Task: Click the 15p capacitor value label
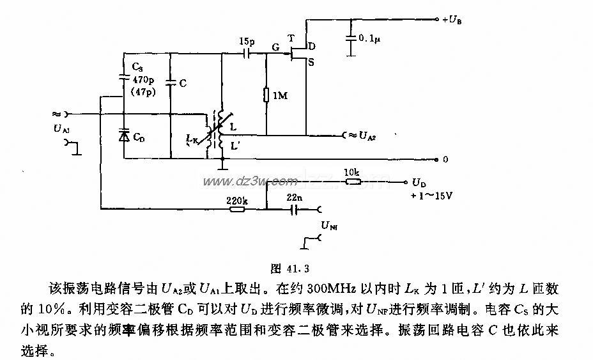tap(246, 42)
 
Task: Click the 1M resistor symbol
tap(266, 95)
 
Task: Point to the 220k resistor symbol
tap(237, 208)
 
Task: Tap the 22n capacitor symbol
tap(295, 208)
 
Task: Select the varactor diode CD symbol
tap(123, 135)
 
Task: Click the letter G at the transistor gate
tap(275, 46)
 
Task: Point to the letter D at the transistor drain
tap(311, 47)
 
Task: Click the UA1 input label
tap(62, 129)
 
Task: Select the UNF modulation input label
tap(330, 224)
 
